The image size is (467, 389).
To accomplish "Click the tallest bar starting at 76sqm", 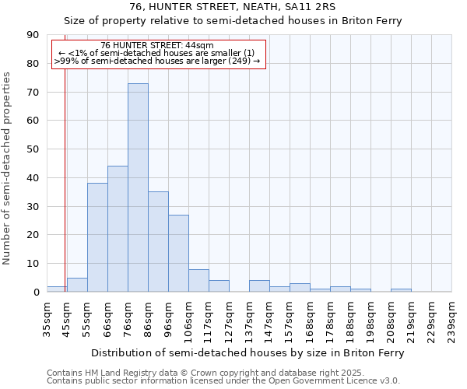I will tap(138, 187).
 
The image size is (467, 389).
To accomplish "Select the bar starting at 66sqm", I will tap(118, 229).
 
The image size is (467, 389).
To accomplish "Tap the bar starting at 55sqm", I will tap(97, 237).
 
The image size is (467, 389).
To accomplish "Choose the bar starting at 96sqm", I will tap(178, 254).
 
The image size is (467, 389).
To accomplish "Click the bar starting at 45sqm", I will tap(77, 285).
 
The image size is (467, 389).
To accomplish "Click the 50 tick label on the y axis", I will tap(33, 149).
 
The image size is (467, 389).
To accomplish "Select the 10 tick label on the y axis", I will tap(33, 264).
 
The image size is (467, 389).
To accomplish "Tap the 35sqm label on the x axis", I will tap(47, 317).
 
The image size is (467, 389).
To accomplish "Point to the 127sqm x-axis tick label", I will tap(229, 317).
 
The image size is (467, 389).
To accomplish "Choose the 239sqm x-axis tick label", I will tap(451, 317).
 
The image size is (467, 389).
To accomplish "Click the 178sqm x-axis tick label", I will tap(330, 317).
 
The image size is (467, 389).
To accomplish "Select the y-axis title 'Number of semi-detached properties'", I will tap(8, 168).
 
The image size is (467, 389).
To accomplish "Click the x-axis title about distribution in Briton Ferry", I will tap(248, 353).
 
